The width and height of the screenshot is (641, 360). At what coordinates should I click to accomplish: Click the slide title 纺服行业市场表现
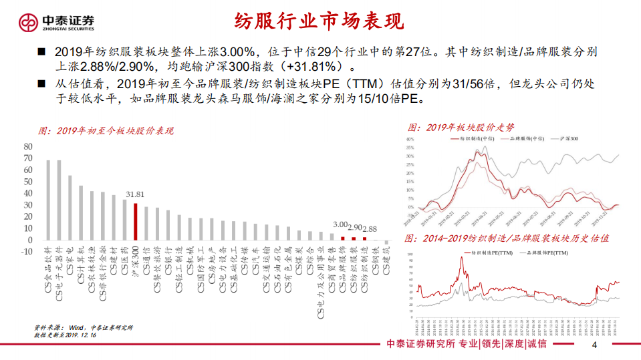pos(319,21)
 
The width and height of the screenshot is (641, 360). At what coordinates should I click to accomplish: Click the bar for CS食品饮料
pos(48,200)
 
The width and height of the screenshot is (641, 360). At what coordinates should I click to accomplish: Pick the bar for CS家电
pos(70,208)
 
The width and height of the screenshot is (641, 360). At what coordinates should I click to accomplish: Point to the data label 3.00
pos(341,225)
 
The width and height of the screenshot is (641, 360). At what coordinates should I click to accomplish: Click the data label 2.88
pos(370,228)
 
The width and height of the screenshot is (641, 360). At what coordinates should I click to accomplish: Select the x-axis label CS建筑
pos(385,263)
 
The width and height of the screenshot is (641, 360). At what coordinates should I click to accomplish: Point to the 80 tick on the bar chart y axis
pos(28,146)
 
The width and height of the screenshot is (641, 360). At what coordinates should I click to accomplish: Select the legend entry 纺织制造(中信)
pos(474,138)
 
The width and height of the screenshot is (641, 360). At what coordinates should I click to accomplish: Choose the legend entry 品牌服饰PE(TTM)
pos(548,253)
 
